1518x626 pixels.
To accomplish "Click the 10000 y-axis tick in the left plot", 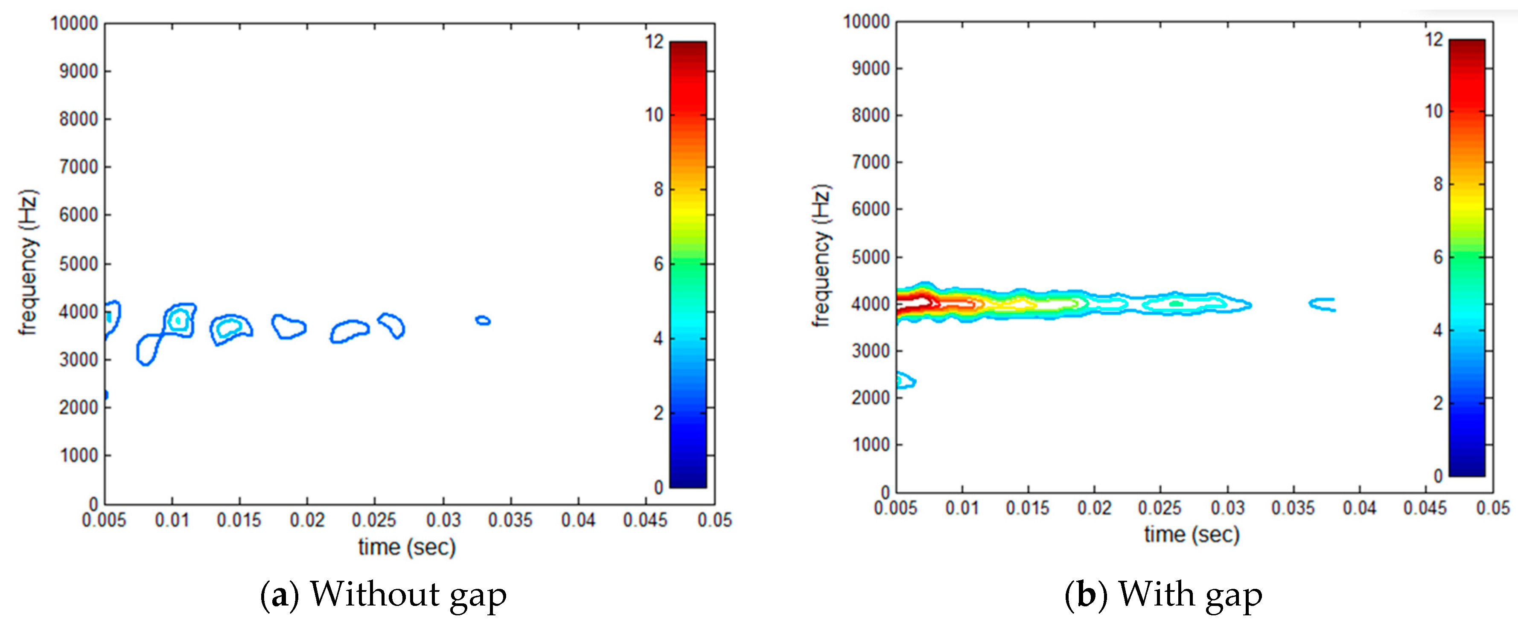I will point(74,23).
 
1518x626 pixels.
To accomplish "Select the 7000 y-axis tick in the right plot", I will point(870,162).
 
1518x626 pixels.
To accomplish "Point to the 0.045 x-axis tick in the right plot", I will point(1425,508).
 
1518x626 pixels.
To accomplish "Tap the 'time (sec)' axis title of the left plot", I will point(407,547).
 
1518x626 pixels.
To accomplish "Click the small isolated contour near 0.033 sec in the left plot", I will point(483,321).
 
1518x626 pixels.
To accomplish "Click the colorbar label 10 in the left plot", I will point(654,115).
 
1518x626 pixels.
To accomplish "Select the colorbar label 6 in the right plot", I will point(1438,257).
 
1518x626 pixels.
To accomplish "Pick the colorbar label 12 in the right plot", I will point(1434,39).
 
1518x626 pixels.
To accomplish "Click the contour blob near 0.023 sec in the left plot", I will point(350,331).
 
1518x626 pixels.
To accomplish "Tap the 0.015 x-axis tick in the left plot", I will point(239,520).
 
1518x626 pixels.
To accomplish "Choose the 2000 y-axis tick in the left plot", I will point(78,407).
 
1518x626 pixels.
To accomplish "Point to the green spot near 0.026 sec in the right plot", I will point(1176,304).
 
